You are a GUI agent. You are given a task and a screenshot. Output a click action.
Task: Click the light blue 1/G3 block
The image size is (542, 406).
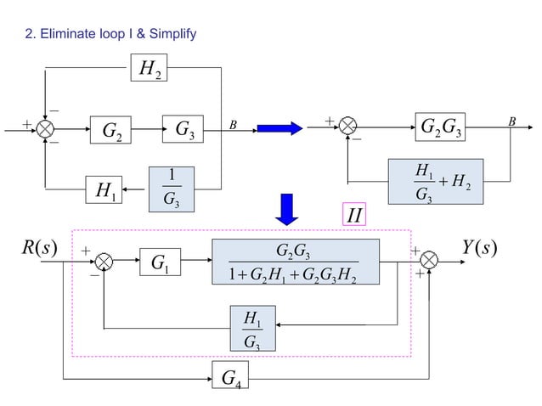(172, 186)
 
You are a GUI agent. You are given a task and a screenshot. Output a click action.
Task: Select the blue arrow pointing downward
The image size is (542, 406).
(288, 210)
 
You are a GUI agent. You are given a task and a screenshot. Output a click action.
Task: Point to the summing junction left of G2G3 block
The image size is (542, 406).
(348, 129)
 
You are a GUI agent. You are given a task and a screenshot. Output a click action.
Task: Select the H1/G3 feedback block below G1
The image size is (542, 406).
(253, 330)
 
